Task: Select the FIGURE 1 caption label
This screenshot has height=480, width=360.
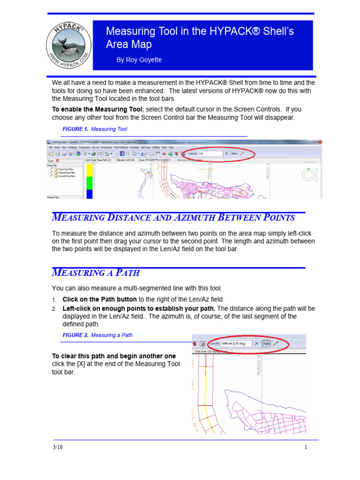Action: point(75,129)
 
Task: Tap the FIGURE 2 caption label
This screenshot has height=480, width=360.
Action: point(75,335)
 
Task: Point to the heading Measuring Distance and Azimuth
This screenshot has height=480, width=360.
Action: point(173,217)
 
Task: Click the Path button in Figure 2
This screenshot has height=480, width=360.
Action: point(266,343)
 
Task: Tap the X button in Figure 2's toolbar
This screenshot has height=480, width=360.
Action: point(256,343)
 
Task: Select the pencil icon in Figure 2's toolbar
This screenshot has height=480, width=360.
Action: point(276,343)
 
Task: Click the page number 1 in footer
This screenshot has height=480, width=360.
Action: point(306,447)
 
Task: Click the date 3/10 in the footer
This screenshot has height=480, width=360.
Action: point(58,447)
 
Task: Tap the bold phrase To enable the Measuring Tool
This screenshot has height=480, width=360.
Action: point(97,109)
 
